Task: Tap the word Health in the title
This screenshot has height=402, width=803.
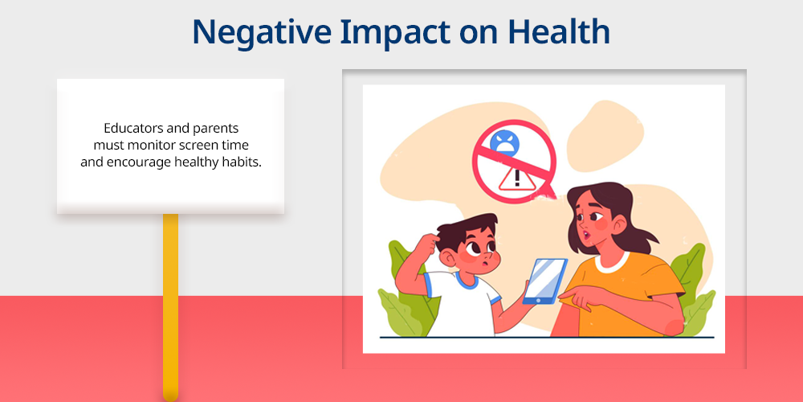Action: [x=559, y=31]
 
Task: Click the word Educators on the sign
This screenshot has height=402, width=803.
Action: [x=133, y=128]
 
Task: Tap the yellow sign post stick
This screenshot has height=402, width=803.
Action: [x=170, y=307]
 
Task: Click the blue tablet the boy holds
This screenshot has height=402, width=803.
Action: [x=545, y=281]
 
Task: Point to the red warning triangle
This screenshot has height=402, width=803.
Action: [x=516, y=178]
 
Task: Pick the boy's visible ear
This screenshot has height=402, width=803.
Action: [x=449, y=258]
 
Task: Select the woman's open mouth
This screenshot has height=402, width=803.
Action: [x=587, y=235]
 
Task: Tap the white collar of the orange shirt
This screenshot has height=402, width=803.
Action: [x=611, y=262]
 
